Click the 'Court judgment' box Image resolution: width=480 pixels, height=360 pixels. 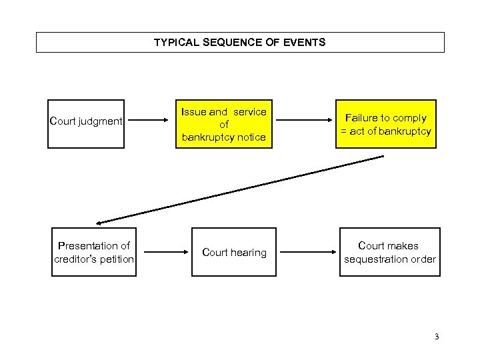(87, 121)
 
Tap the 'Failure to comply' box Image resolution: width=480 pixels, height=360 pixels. (386, 124)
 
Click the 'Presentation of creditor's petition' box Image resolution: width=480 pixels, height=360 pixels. (94, 252)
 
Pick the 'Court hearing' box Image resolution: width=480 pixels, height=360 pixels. (233, 252)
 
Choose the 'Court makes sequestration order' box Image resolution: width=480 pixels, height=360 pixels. (389, 252)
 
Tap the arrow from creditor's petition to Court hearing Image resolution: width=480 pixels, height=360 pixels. (165, 252)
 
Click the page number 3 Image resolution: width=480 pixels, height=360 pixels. (436, 337)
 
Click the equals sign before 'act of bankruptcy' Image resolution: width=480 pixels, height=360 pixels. (344, 131)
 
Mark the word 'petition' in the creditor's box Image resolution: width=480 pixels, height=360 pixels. (117, 259)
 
